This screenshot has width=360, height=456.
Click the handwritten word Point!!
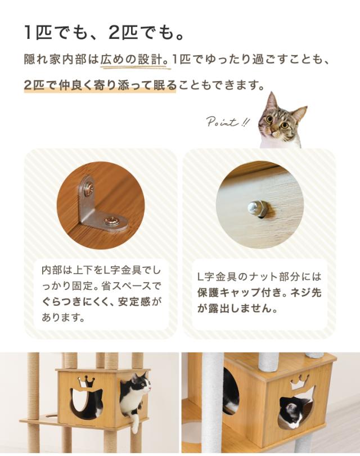227,122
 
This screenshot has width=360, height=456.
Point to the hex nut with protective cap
256,208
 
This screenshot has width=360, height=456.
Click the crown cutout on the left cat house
85,381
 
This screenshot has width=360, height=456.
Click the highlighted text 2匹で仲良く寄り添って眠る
100,85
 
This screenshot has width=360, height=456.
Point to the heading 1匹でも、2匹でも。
104,33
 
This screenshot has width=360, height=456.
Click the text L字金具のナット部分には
259,276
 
